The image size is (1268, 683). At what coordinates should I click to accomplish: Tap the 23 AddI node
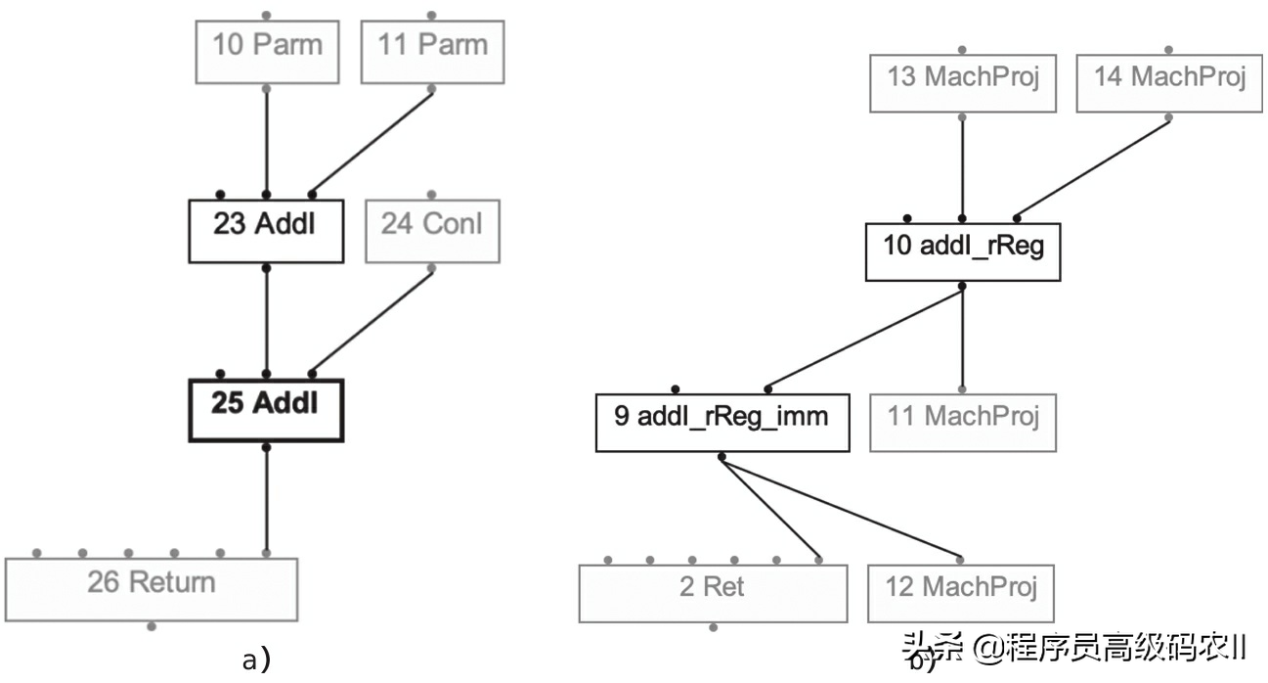click(266, 231)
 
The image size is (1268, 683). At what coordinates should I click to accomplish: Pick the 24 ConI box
click(432, 231)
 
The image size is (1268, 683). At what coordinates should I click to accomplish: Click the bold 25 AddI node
click(266, 409)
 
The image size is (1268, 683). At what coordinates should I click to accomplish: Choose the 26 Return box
click(152, 589)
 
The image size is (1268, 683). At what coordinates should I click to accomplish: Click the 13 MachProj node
click(963, 83)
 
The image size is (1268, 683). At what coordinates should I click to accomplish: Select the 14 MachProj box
click(1169, 83)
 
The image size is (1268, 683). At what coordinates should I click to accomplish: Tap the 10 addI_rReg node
click(963, 252)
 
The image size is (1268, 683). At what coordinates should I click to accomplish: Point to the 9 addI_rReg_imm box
click(721, 423)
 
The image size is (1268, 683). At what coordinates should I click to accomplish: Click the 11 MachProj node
click(963, 423)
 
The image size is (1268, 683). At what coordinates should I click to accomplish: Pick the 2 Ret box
click(713, 592)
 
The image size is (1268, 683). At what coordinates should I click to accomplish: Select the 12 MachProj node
click(962, 592)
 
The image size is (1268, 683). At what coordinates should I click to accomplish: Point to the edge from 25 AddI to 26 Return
click(266, 499)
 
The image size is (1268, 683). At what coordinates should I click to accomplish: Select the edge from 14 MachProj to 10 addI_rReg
click(1093, 168)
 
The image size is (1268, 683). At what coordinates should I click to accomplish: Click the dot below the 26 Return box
click(151, 626)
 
